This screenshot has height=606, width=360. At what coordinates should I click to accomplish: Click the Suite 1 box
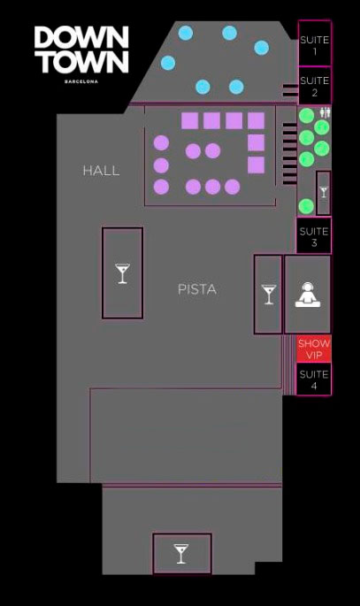click(x=314, y=42)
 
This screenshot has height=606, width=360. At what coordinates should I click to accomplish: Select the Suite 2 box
click(x=314, y=86)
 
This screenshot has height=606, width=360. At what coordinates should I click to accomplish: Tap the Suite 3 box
click(x=314, y=235)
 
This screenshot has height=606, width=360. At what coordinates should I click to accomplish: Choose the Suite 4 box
click(x=314, y=380)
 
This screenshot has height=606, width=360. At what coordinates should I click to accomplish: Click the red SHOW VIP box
click(x=314, y=349)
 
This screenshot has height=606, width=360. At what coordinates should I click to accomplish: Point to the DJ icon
click(x=308, y=295)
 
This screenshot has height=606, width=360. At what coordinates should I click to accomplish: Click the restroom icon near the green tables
click(x=326, y=112)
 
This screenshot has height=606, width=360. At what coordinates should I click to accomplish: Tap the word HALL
click(x=101, y=171)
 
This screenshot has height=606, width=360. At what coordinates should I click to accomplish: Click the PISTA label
click(x=197, y=289)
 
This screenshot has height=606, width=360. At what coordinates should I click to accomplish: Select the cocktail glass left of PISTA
click(x=122, y=273)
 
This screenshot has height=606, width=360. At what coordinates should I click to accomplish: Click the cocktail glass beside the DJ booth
click(x=269, y=295)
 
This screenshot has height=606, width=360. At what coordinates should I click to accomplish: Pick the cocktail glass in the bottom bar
click(x=180, y=554)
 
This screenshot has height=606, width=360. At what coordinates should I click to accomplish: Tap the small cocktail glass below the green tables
click(x=324, y=192)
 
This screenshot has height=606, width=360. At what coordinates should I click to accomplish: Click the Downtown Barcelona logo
click(x=81, y=54)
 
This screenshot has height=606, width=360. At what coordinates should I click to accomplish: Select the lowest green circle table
click(x=306, y=206)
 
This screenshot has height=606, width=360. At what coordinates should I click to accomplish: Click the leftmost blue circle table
click(x=168, y=63)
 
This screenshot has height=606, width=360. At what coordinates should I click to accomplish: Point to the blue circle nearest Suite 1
click(x=262, y=48)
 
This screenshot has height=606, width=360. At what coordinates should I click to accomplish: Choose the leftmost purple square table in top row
click(x=189, y=120)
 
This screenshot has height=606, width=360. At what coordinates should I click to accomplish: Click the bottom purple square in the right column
click(x=257, y=165)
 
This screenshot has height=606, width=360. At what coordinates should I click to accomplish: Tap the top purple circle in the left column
click(x=161, y=143)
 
